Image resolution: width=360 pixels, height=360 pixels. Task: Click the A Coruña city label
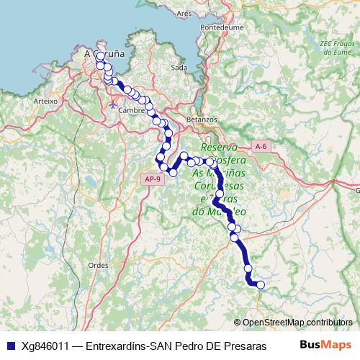click(x=104, y=53)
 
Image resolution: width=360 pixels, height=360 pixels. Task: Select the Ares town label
click(x=184, y=13)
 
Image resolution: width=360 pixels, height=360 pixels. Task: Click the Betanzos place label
click(x=201, y=118)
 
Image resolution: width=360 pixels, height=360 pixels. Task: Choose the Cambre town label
click(x=132, y=110)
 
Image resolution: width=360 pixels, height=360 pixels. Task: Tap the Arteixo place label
click(x=45, y=102)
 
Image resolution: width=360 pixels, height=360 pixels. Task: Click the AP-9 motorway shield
click(x=150, y=179)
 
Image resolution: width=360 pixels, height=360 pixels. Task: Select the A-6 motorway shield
click(x=261, y=146)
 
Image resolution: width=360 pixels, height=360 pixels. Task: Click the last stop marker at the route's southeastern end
click(x=261, y=285)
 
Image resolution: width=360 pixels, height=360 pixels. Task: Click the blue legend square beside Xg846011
click(x=10, y=345)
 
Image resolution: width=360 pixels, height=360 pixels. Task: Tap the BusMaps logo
click(x=325, y=344)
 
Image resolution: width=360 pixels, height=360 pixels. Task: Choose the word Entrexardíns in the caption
click(x=117, y=345)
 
